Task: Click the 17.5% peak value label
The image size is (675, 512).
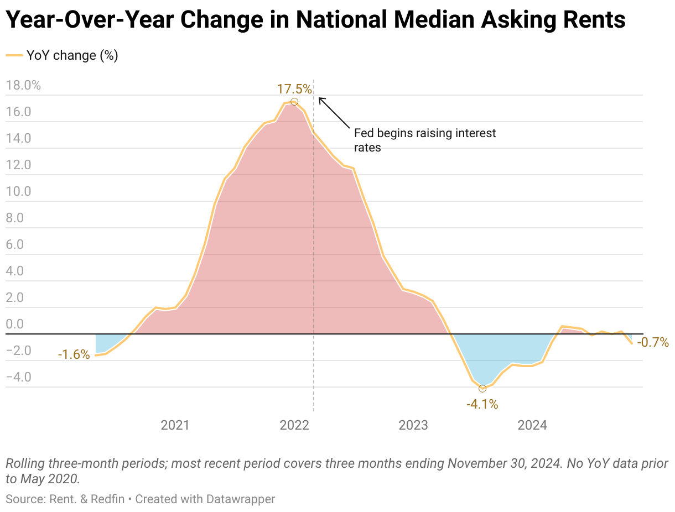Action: [x=294, y=89]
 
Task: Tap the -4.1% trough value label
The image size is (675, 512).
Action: [x=482, y=404]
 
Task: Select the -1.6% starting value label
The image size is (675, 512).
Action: [x=74, y=354]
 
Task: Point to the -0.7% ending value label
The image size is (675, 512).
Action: [x=653, y=342]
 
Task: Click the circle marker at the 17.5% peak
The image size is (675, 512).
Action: [x=294, y=102]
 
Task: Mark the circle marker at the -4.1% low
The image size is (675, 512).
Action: [x=482, y=389]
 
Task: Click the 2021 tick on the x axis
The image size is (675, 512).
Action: [x=175, y=425]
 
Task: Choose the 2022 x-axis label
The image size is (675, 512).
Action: [x=294, y=425]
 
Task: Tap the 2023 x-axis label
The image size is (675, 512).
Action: [x=413, y=425]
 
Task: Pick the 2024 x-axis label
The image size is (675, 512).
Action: [x=532, y=425]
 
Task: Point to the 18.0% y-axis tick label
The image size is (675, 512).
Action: [x=23, y=86]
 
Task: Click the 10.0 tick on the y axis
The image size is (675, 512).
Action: [x=18, y=192]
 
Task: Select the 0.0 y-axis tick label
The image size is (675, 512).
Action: [x=15, y=325]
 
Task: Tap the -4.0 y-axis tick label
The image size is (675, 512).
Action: [x=18, y=378]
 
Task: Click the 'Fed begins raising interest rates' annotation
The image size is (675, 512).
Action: [x=424, y=140]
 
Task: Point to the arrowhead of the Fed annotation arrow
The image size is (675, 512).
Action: [x=320, y=98]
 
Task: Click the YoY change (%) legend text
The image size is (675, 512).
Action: [x=72, y=55]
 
